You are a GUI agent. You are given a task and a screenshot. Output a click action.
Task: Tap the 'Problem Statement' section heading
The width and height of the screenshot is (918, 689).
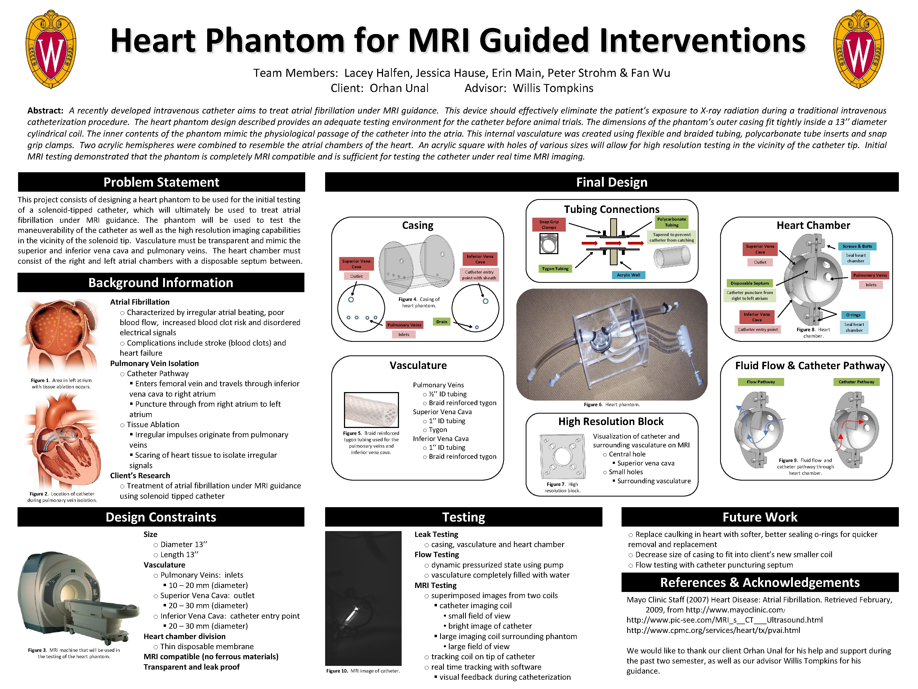(x=161, y=182)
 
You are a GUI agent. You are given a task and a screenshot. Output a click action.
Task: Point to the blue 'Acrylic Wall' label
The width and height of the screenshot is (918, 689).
(x=628, y=275)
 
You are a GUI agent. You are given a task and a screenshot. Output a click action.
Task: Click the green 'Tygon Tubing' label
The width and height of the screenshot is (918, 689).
(x=555, y=269)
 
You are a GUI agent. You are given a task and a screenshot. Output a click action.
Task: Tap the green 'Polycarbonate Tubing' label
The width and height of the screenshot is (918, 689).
(x=671, y=222)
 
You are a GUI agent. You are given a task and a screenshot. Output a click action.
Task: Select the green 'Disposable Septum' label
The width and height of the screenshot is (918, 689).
(x=750, y=283)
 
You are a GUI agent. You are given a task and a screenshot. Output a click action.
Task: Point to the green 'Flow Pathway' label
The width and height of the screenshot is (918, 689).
(x=761, y=382)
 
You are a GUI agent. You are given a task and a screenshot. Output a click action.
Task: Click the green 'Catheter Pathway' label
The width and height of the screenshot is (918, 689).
(x=856, y=382)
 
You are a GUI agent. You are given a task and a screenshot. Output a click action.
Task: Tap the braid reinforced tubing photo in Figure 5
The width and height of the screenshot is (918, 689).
(x=371, y=410)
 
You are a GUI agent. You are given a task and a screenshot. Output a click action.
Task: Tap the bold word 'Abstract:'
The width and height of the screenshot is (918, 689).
(x=45, y=111)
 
